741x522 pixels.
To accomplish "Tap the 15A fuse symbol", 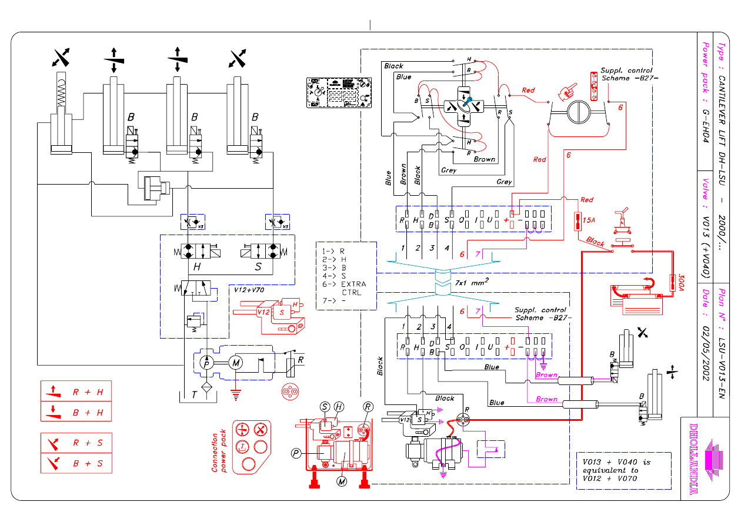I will coord(578,222).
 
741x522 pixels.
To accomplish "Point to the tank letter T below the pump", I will coord(194,396).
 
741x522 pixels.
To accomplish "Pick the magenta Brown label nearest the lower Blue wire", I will coord(546,399).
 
